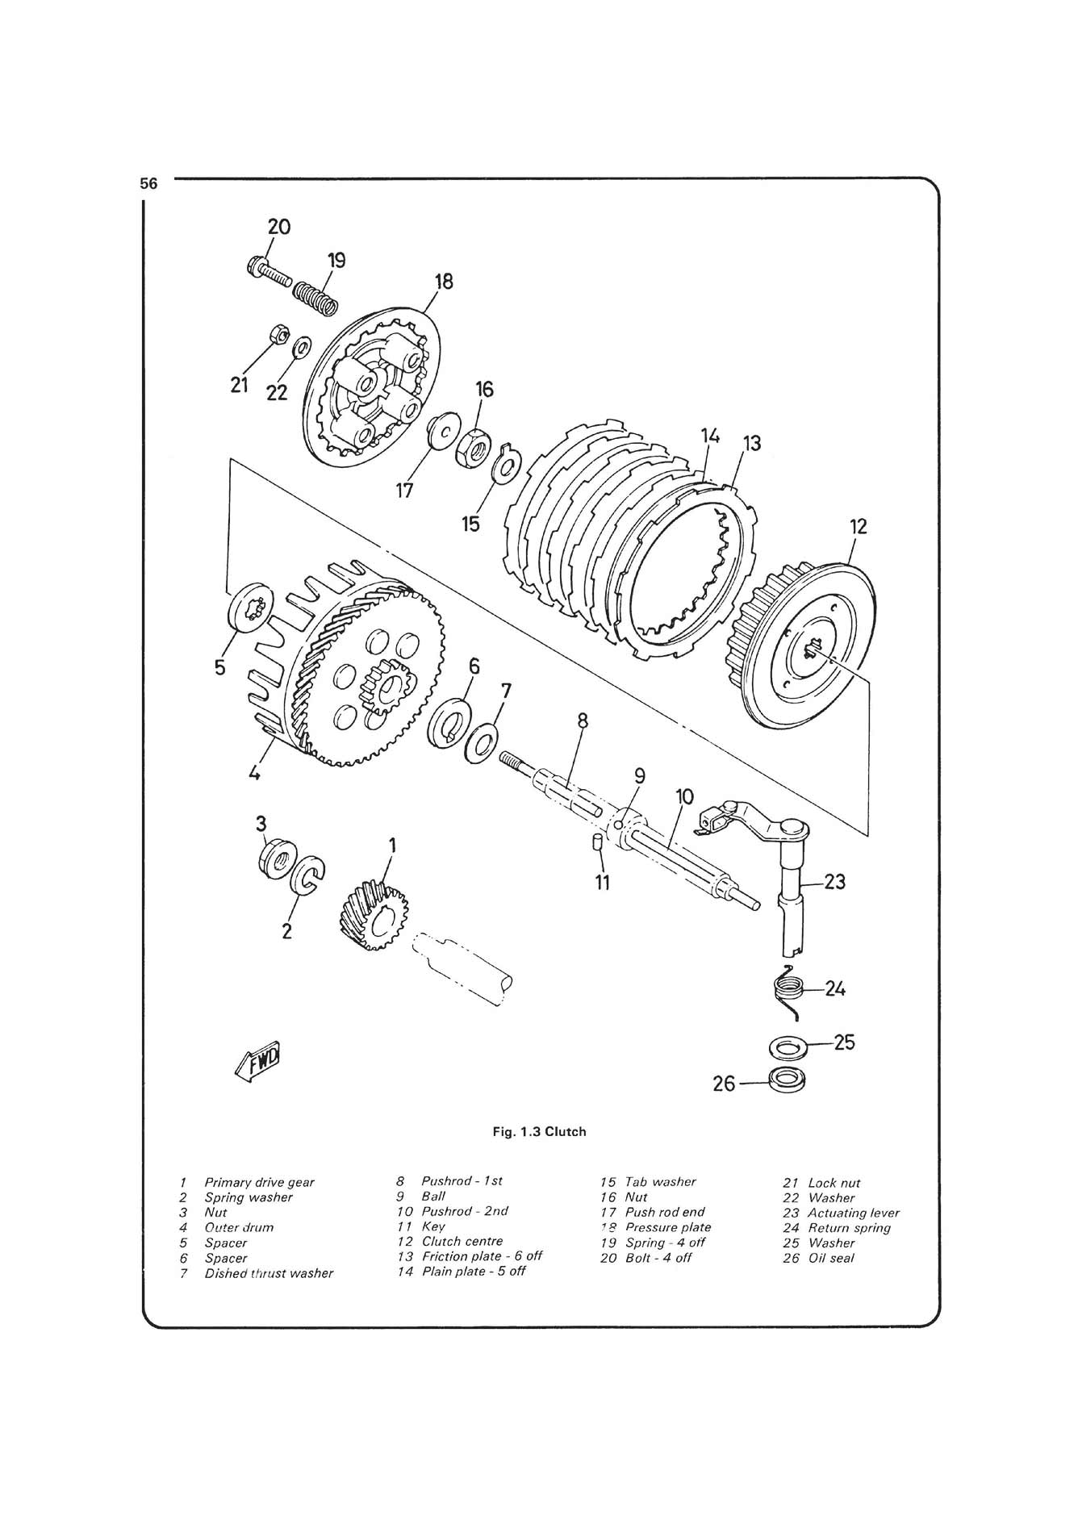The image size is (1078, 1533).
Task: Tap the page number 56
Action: [148, 184]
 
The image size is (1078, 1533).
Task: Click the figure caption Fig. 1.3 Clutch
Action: [539, 1131]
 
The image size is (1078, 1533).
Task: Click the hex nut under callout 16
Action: [471, 447]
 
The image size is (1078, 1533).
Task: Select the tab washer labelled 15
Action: [508, 464]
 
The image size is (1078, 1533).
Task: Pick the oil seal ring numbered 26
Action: [786, 1080]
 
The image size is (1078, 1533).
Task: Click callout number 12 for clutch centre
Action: [858, 526]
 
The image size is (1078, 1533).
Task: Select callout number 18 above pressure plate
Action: [444, 282]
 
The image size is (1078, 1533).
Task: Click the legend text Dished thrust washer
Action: [269, 1273]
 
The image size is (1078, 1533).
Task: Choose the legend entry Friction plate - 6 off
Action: [482, 1256]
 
